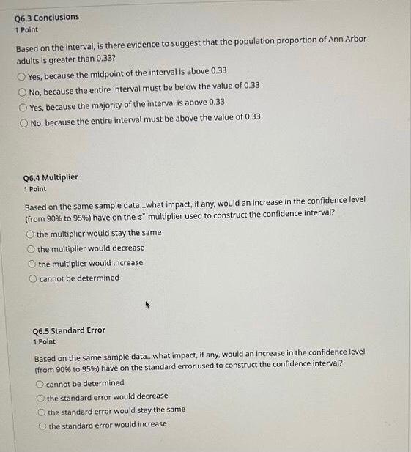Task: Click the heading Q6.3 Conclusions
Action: point(46,17)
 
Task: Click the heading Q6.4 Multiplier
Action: point(51,177)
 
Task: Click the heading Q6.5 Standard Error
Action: point(70,330)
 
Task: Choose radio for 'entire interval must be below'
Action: point(22,87)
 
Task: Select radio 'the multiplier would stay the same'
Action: point(30,234)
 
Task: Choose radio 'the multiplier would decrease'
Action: point(31,249)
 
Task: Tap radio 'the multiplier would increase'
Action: point(32,264)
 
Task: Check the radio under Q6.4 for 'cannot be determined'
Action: point(32,279)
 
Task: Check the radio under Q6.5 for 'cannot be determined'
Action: point(39,383)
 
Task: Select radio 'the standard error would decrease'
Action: point(40,398)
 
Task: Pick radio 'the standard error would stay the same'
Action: point(41,411)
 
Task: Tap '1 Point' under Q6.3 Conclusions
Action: point(26,29)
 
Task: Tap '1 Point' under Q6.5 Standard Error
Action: point(45,341)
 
